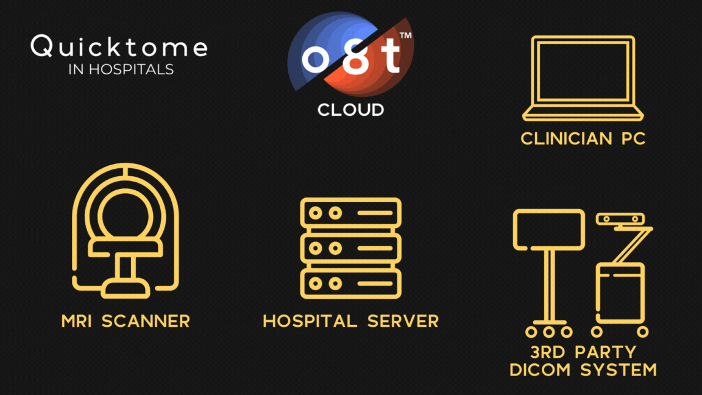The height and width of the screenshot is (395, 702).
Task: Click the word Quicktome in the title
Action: (119, 46)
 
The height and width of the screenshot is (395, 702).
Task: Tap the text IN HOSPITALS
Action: (121, 69)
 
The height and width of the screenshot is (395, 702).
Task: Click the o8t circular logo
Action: (350, 54)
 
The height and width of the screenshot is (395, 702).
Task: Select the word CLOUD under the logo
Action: (350, 110)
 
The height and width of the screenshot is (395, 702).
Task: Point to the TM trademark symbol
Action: (405, 35)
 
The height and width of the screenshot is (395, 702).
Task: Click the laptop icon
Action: (583, 79)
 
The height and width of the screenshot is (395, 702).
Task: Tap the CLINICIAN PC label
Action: (583, 139)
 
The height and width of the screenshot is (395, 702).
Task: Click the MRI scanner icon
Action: (126, 230)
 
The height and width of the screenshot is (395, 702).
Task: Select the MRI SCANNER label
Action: (126, 321)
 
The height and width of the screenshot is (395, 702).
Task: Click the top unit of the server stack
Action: (351, 213)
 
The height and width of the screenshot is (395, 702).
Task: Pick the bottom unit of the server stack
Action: (351, 283)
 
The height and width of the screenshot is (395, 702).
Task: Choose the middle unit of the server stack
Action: (351, 248)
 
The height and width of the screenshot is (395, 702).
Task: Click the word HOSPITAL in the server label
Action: (310, 321)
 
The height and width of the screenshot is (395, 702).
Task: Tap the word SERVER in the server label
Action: (403, 321)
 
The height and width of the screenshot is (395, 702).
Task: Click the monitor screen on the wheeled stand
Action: (549, 230)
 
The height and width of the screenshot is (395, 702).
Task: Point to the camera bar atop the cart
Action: (620, 219)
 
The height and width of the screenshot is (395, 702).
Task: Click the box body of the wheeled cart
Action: (620, 293)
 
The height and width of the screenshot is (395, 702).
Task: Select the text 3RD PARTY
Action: (583, 352)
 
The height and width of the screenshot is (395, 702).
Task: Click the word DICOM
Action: (540, 370)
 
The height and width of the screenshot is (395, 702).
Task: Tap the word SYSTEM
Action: (619, 370)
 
